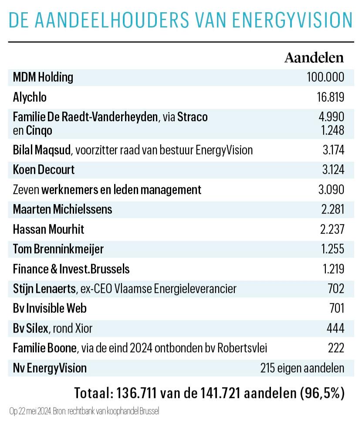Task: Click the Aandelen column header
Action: pos(314,58)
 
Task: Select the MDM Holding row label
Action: pos(43,77)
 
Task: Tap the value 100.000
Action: pos(325,77)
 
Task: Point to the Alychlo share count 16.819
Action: pos(330,97)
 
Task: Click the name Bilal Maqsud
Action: pos(41,150)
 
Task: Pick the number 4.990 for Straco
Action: pos(331,117)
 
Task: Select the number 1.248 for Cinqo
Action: pos(332,130)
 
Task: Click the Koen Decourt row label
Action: pos(44,170)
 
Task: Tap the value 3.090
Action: pos(331,190)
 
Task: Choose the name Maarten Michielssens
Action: pos(62,209)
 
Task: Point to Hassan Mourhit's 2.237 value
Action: pos(332,229)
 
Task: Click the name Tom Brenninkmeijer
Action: pos(58,249)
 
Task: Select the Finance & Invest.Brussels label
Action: pos(71,269)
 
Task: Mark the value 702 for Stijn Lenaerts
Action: pos(336,289)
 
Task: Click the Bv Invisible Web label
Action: pos(50,308)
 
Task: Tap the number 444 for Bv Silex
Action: pos(335,328)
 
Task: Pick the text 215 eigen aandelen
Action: pos(302,368)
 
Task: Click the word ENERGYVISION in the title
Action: pos(292,20)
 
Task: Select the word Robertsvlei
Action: pos(242,348)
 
